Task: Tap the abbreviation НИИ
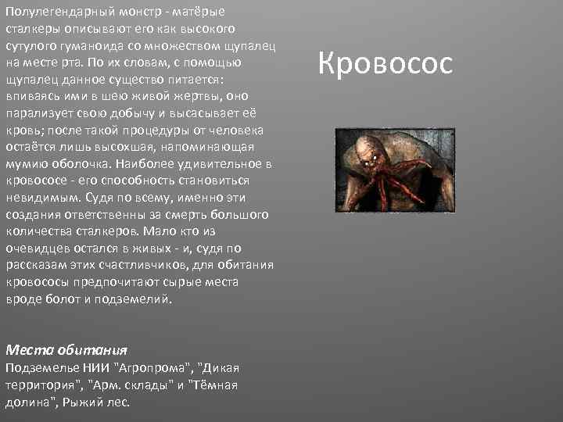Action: point(88,367)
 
